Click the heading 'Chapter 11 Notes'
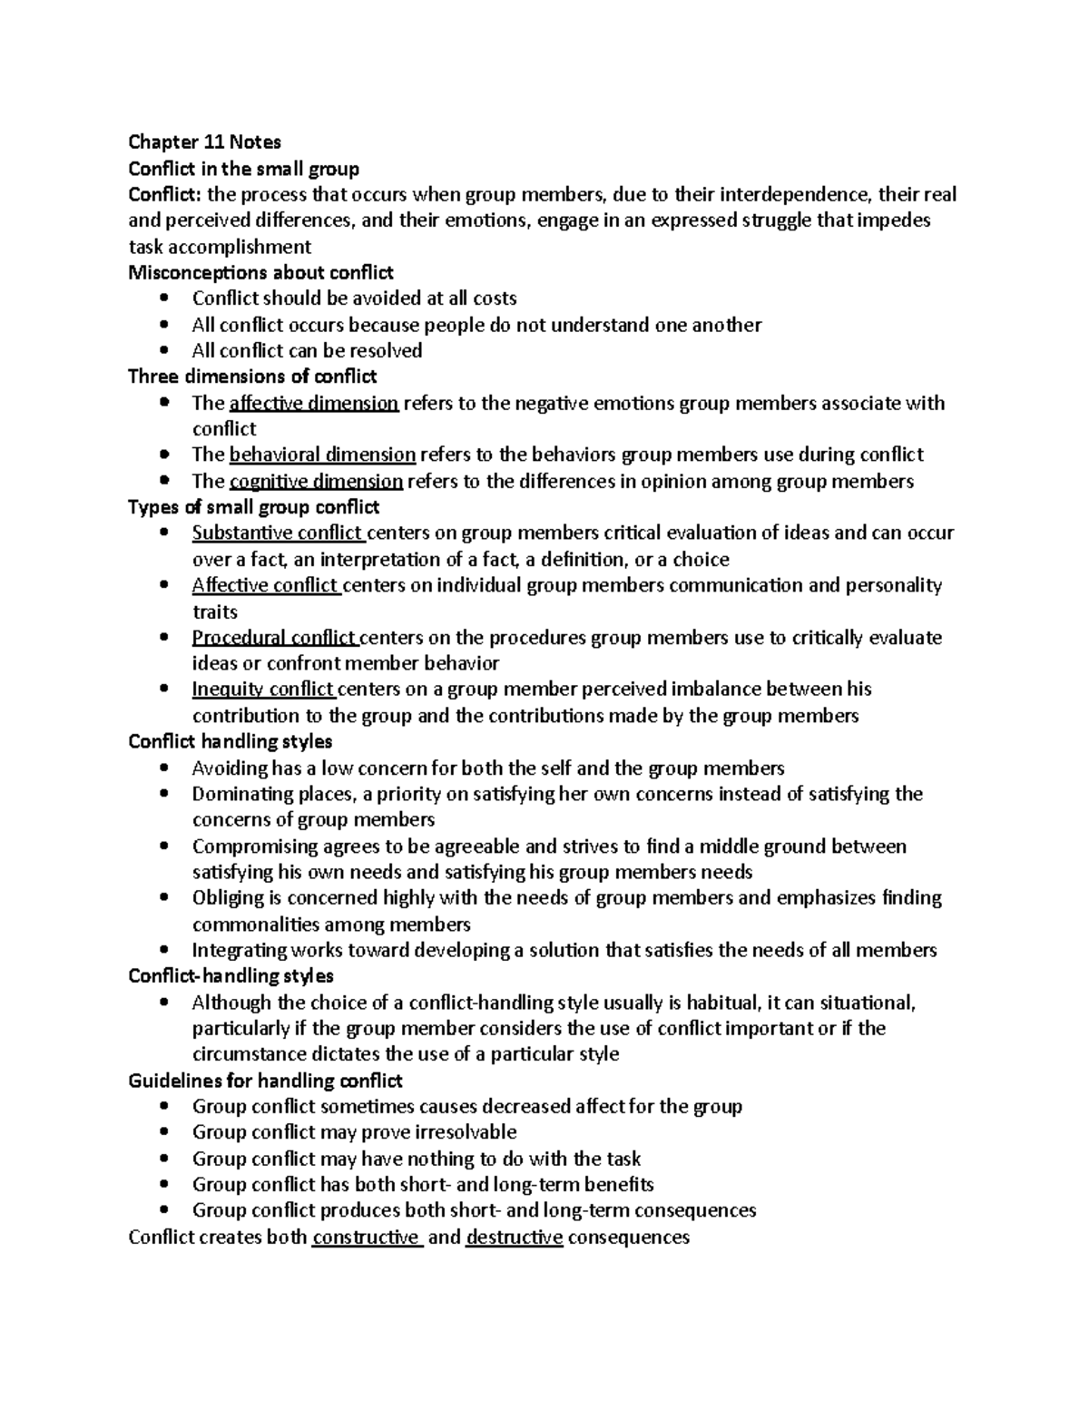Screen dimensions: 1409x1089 point(204,142)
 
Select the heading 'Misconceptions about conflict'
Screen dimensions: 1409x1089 point(260,272)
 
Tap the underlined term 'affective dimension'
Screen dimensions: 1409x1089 point(314,403)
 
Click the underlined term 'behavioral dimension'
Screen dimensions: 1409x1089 point(322,455)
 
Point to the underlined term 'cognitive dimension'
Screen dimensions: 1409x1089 point(316,481)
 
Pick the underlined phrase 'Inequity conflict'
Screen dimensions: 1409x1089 point(263,690)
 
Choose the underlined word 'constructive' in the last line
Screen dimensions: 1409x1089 point(366,1238)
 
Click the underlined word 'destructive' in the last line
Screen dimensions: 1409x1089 point(514,1238)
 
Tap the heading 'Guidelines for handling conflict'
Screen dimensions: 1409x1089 point(265,1081)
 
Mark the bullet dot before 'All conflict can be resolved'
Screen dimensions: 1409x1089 point(163,351)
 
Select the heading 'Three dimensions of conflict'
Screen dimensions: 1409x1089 point(252,377)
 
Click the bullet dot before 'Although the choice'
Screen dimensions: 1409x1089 point(163,1003)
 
